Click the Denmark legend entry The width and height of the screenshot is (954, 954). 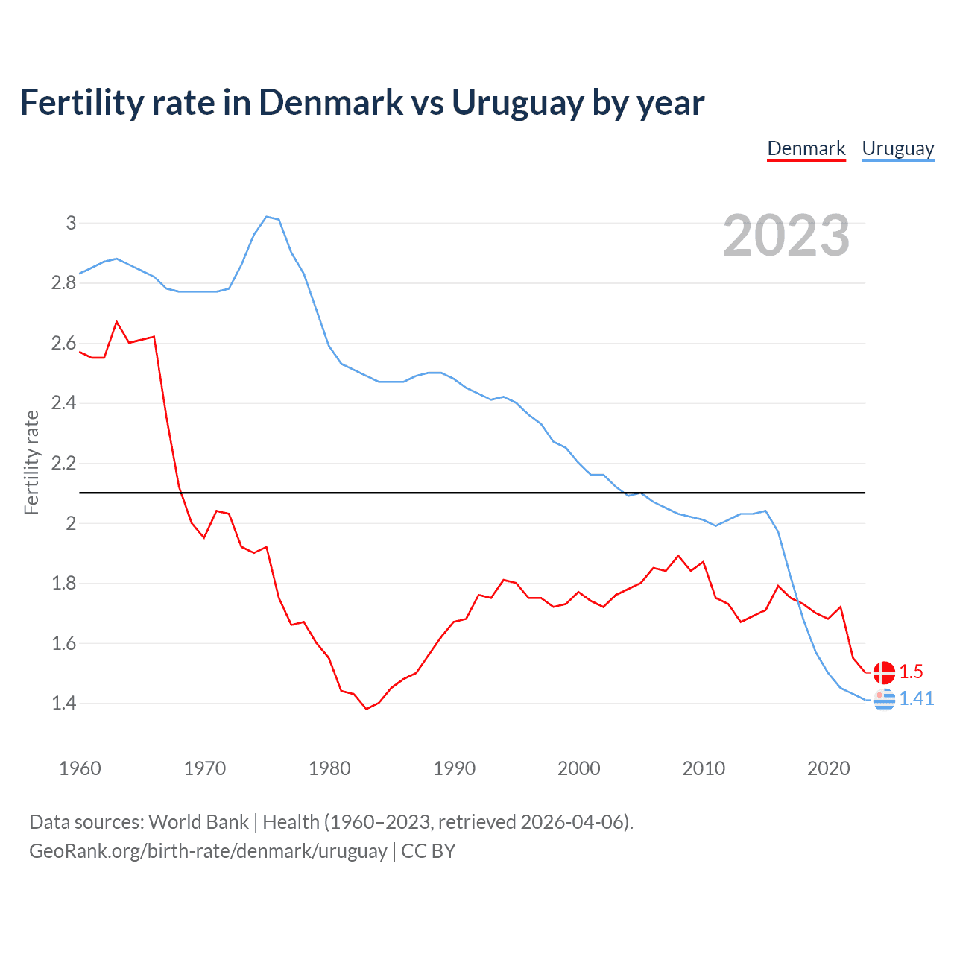[x=806, y=148]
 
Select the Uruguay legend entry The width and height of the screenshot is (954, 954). [x=897, y=148]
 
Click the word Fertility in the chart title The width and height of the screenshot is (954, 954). [x=81, y=102]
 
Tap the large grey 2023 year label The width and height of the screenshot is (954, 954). [x=786, y=236]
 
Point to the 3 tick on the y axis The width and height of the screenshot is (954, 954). [x=71, y=223]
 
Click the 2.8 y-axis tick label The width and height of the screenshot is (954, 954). [x=63, y=283]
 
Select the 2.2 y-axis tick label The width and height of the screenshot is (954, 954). [x=63, y=464]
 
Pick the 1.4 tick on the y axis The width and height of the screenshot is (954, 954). [x=63, y=703]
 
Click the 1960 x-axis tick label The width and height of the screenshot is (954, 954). [x=80, y=768]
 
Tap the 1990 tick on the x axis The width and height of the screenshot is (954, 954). [x=454, y=768]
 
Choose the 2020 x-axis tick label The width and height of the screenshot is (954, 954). [x=828, y=768]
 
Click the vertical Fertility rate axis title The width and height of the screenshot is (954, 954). [x=31, y=462]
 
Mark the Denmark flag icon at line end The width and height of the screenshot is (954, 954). [x=883, y=672]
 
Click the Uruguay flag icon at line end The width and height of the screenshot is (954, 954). [x=883, y=700]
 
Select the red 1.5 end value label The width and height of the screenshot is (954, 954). [x=911, y=672]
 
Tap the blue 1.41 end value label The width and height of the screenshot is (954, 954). [x=916, y=698]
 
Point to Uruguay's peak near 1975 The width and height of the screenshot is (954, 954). [x=267, y=217]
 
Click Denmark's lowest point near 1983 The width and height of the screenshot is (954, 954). [x=366, y=709]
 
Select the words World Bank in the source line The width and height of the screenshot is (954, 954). [x=198, y=822]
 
